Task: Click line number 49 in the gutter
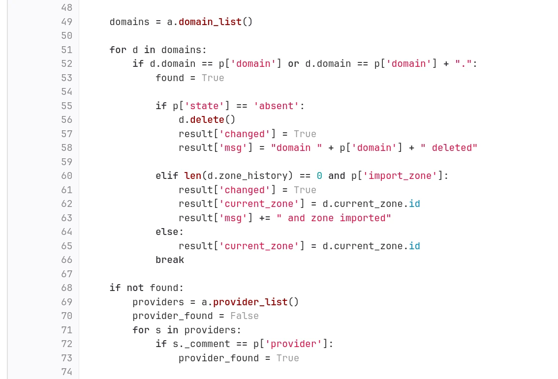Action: pos(66,22)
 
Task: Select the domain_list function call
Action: pos(210,22)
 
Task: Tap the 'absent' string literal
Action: pos(276,106)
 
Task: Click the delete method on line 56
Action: pos(207,120)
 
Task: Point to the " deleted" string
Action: pos(449,148)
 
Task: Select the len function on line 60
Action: pos(192,175)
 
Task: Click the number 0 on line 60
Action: pos(319,175)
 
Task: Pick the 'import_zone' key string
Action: pos(400,175)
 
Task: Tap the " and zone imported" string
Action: pos(334,218)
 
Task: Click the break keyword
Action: pos(170,260)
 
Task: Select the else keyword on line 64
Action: pos(167,232)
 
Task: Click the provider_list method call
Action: pos(250,302)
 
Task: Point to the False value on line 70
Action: pos(245,316)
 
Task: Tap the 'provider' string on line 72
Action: pos(294,344)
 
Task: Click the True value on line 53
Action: pos(213,78)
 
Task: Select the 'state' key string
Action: pos(204,106)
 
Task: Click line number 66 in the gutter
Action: pos(66,260)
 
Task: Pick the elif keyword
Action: pos(167,175)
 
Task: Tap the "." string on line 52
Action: pos(464,63)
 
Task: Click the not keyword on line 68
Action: pos(135,288)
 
